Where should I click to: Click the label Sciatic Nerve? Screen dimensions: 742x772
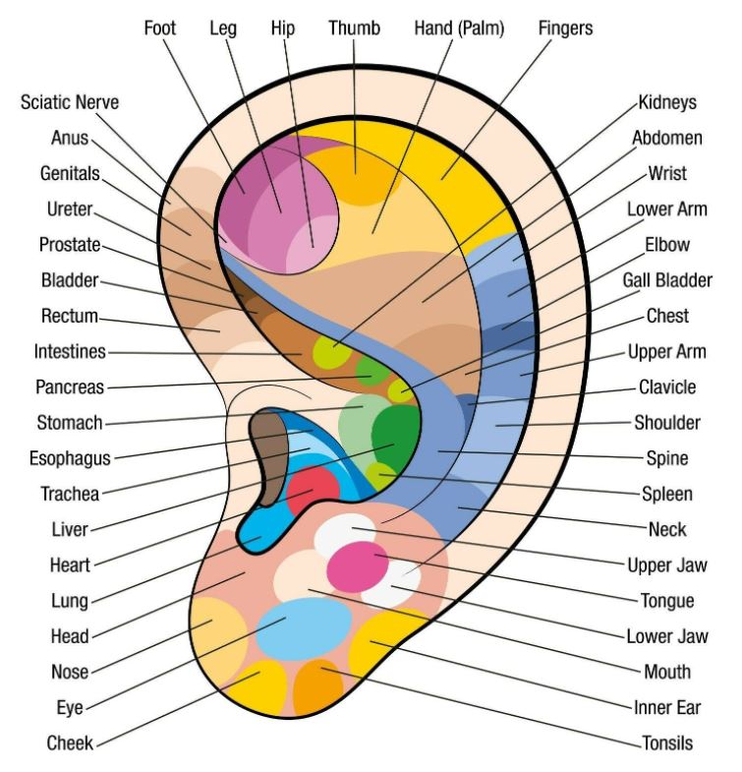70,102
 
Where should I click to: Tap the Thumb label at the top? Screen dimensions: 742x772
354,29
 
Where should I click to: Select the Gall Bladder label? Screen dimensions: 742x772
667,280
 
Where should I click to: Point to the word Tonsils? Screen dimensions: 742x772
667,742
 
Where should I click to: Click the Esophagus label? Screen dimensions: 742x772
70,458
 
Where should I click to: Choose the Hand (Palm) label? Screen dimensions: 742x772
459,29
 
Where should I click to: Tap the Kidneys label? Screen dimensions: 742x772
667,102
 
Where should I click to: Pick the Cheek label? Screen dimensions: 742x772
70,742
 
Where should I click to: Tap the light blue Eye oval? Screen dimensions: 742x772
304,628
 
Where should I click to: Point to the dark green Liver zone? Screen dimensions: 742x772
396,436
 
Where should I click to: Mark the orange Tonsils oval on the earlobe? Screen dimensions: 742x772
318,687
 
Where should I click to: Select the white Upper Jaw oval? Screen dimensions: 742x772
344,533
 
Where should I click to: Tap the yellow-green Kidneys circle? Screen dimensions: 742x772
331,352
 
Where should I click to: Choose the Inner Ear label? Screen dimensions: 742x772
667,707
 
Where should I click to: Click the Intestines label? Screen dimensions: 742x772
70,351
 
